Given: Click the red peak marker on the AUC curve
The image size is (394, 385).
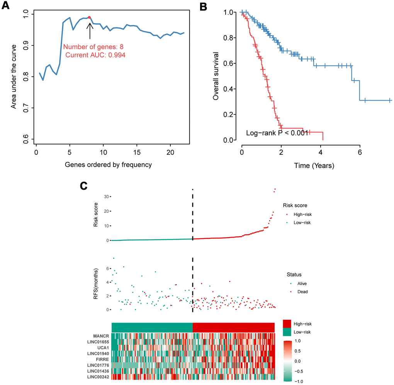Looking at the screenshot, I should [x=89, y=17].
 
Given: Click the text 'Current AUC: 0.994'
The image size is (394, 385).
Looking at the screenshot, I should [x=95, y=55].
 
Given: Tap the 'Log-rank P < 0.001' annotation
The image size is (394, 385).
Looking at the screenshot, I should [x=277, y=133].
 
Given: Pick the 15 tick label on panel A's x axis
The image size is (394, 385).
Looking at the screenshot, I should [x=137, y=152].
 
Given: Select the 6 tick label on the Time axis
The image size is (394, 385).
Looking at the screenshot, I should [x=360, y=152].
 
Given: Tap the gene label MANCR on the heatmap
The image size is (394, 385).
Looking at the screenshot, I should [x=101, y=336].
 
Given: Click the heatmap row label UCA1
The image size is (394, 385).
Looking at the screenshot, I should [x=103, y=347].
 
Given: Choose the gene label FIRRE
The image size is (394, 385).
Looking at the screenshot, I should [x=102, y=359].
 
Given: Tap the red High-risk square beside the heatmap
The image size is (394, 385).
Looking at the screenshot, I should [x=287, y=323].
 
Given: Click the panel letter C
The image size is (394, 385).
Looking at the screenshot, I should [x=84, y=186].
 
